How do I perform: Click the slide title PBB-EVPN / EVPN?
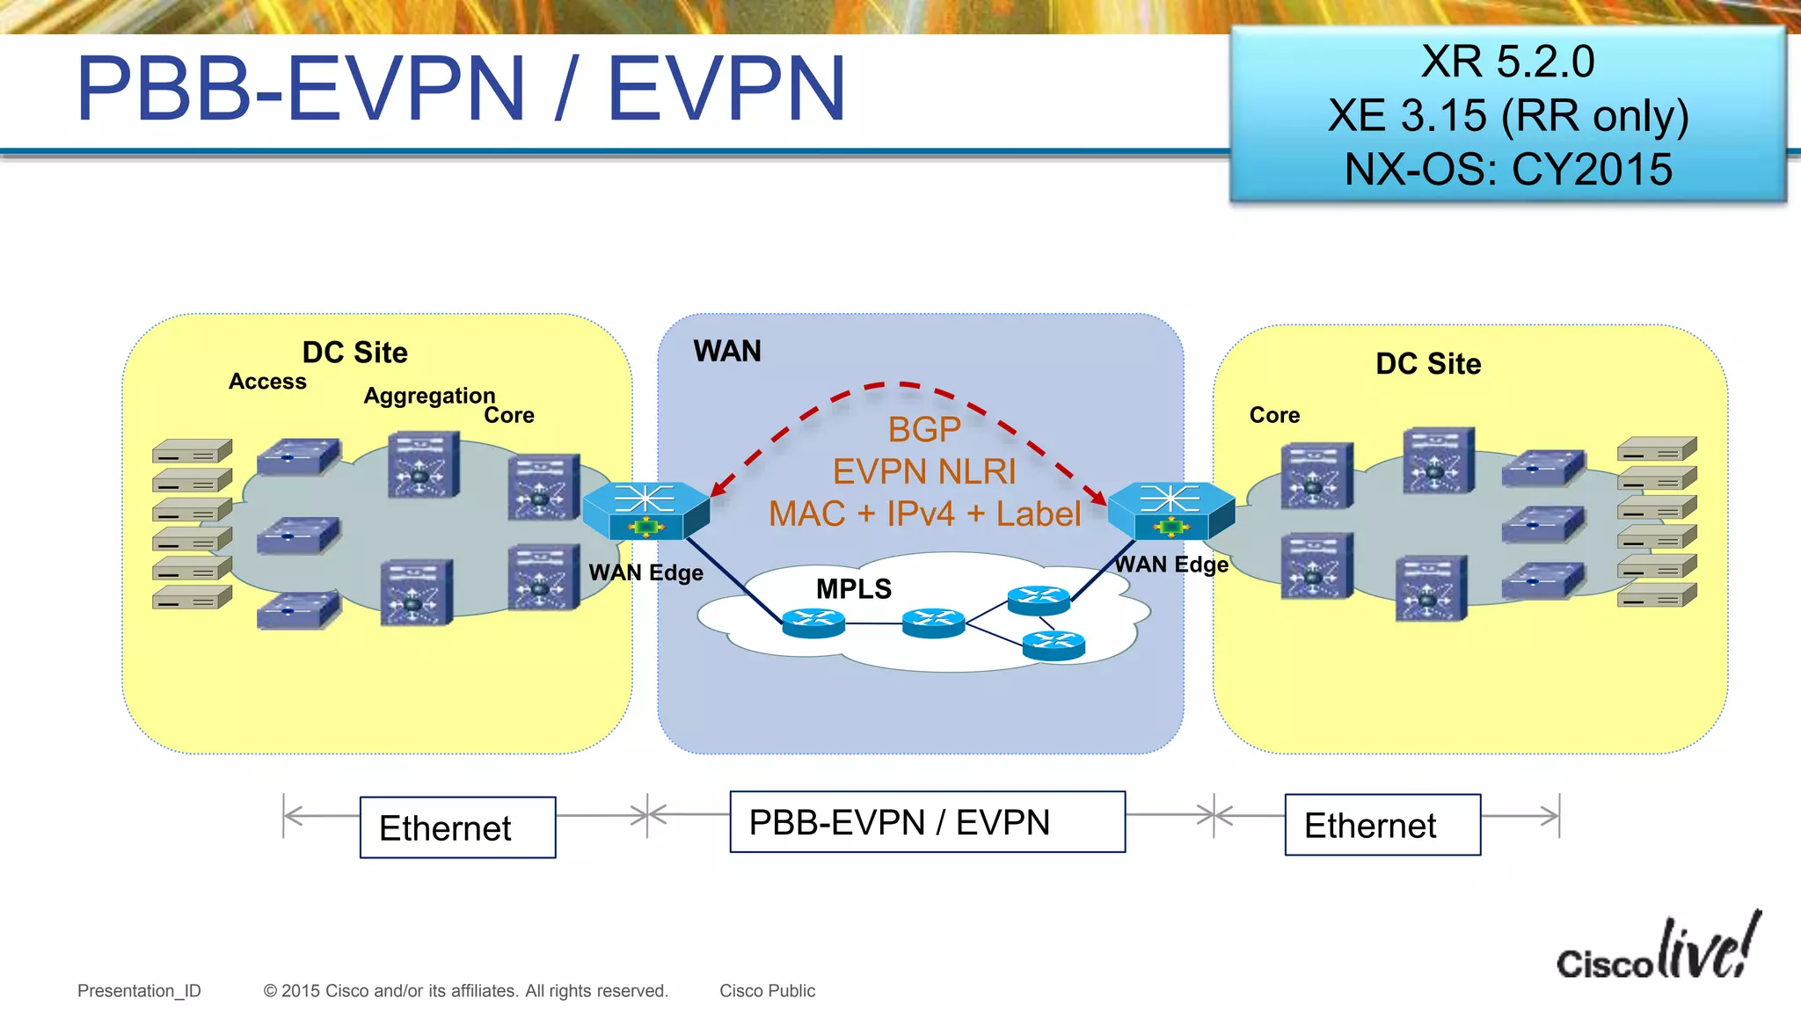pyautogui.click(x=461, y=89)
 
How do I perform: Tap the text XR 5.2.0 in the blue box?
pyautogui.click(x=1507, y=62)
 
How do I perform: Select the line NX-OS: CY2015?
pyautogui.click(x=1507, y=169)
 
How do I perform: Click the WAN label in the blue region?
pyautogui.click(x=726, y=351)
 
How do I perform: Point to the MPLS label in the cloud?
pyautogui.click(x=853, y=588)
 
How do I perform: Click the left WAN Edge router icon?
pyautogui.click(x=645, y=510)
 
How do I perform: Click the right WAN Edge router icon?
pyautogui.click(x=1170, y=510)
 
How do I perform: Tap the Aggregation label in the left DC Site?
pyautogui.click(x=429, y=396)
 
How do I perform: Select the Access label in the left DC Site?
pyautogui.click(x=267, y=382)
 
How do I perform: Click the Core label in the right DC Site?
pyautogui.click(x=1274, y=415)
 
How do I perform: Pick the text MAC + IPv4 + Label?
pyautogui.click(x=924, y=514)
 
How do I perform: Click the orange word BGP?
pyautogui.click(x=923, y=429)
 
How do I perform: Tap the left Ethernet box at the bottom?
pyautogui.click(x=457, y=827)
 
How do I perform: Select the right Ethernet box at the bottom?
pyautogui.click(x=1382, y=825)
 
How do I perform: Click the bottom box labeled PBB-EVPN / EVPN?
pyautogui.click(x=927, y=822)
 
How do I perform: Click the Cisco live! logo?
pyautogui.click(x=1658, y=950)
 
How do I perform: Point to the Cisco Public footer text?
pyautogui.click(x=767, y=991)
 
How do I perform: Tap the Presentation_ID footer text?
pyautogui.click(x=139, y=991)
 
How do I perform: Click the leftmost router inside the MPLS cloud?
pyautogui.click(x=813, y=623)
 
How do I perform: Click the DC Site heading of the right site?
pyautogui.click(x=1428, y=364)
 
